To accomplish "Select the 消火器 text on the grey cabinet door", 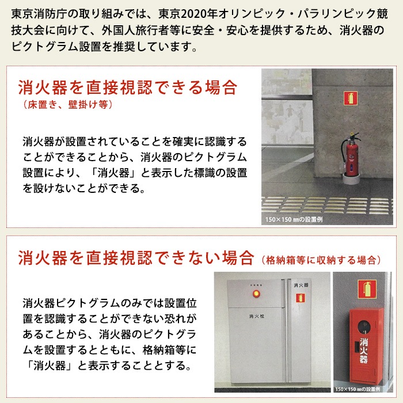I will click(x=301, y=284).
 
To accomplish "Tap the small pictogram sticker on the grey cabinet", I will click(x=300, y=298).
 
